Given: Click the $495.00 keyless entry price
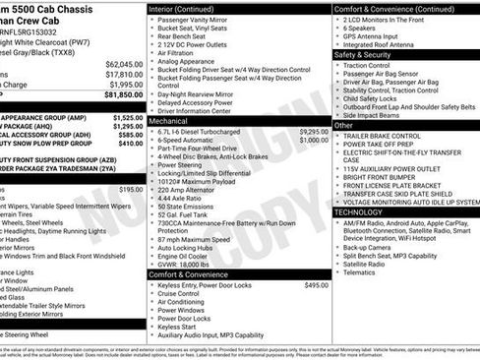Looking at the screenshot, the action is point(316,285).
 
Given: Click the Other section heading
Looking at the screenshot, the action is point(344,125).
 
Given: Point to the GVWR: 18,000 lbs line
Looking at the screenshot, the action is point(196,264).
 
